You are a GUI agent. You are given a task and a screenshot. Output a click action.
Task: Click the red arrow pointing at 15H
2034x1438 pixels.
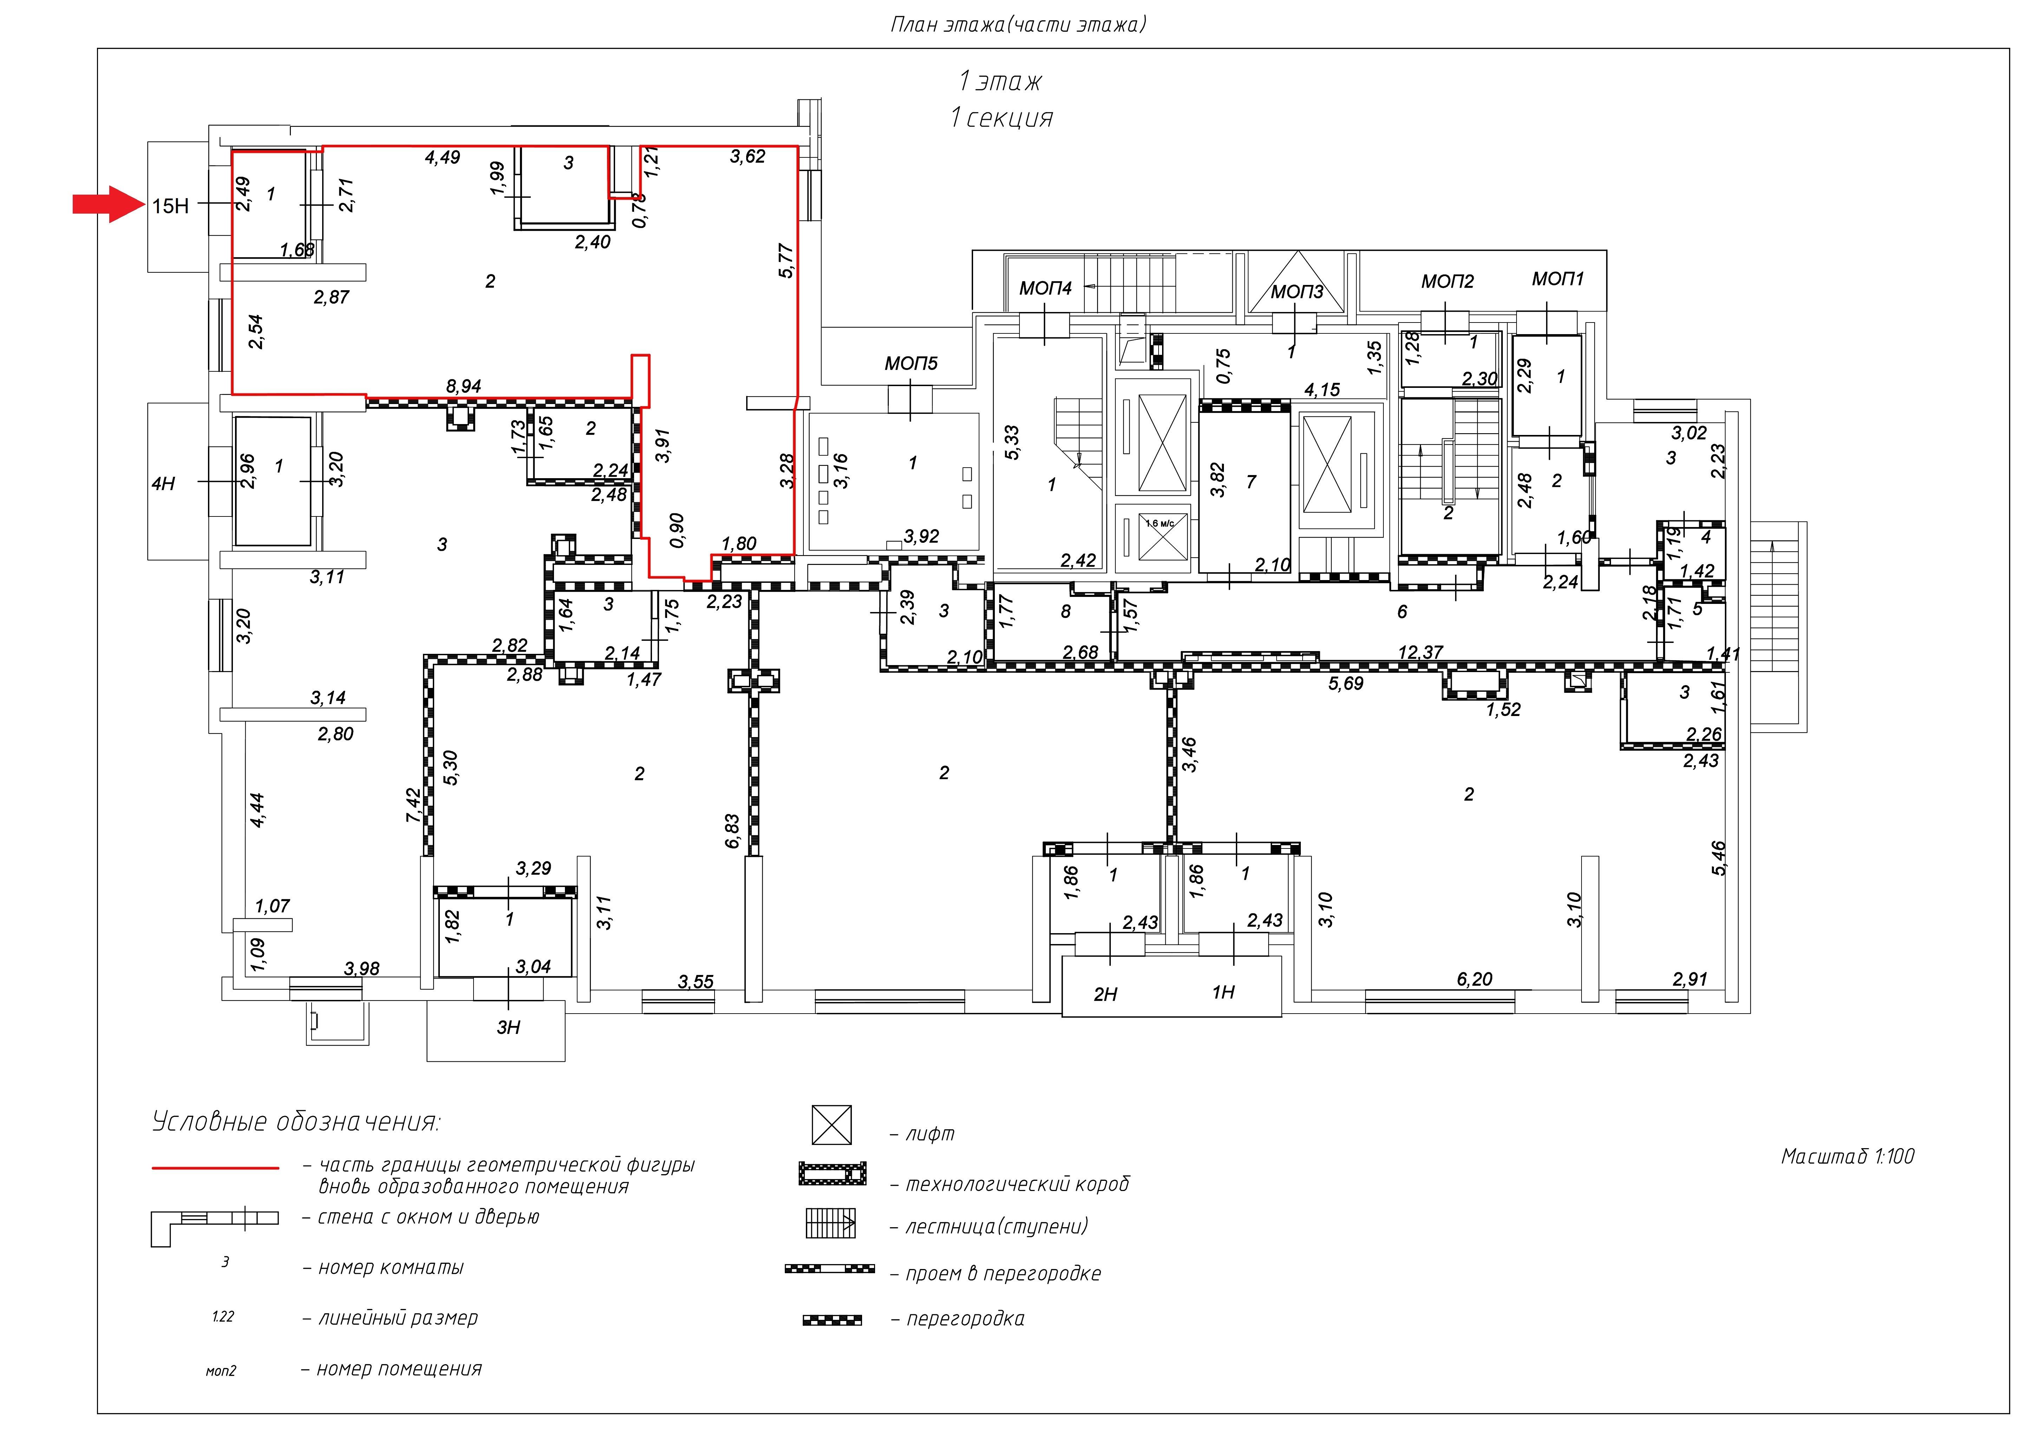click(108, 205)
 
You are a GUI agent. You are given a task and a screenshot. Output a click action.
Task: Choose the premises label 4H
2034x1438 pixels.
click(163, 484)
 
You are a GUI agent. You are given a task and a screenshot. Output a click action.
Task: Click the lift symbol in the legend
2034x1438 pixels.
click(832, 1125)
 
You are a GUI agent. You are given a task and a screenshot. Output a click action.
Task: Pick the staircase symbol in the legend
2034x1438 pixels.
click(830, 1224)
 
